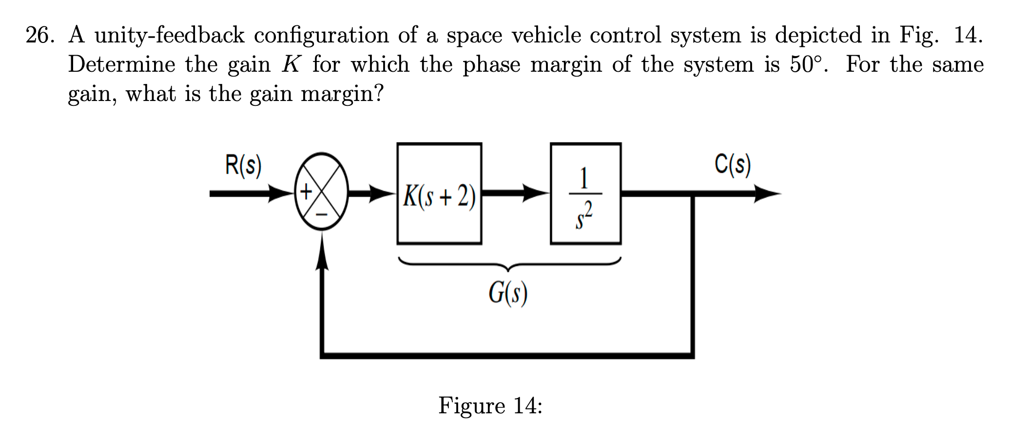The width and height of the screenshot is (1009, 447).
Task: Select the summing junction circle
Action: click(321, 194)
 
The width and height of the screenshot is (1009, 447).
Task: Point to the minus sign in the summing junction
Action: click(322, 214)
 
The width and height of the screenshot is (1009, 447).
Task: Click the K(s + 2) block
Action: click(439, 194)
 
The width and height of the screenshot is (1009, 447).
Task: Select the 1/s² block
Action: click(585, 194)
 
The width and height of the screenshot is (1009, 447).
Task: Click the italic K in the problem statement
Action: click(291, 65)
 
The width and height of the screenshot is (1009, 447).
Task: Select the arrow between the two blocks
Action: click(517, 194)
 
